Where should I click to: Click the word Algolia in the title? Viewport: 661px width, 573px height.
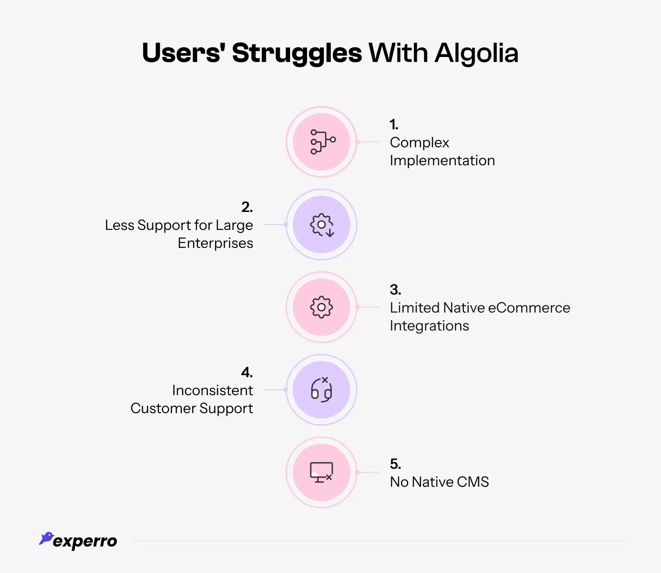tap(476, 53)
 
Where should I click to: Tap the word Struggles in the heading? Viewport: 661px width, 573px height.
tap(297, 53)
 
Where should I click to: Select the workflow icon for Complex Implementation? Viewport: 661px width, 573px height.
tap(322, 142)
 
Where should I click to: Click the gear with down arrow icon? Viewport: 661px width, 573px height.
tap(322, 225)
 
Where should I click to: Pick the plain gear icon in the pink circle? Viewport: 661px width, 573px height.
tap(322, 308)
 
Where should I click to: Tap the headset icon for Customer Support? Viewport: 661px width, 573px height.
tap(322, 390)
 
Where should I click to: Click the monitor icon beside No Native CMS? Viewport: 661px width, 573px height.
tap(322, 472)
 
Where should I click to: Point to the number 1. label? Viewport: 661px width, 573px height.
tap(394, 124)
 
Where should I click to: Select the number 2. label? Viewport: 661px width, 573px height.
tap(247, 207)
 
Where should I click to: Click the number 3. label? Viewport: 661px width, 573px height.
tap(395, 290)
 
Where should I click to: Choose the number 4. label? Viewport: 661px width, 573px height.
tap(247, 372)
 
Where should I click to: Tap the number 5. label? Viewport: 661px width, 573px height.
tap(395, 464)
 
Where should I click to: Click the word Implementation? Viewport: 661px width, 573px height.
tap(442, 160)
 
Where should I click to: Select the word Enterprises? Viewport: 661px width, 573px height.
tap(216, 243)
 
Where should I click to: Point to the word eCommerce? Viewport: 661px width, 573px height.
tap(529, 308)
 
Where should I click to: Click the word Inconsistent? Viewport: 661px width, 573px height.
tap(212, 390)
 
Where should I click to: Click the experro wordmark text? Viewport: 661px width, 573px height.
tap(85, 541)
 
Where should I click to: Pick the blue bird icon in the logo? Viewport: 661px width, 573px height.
tap(46, 538)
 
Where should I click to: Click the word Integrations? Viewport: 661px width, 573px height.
tap(429, 326)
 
